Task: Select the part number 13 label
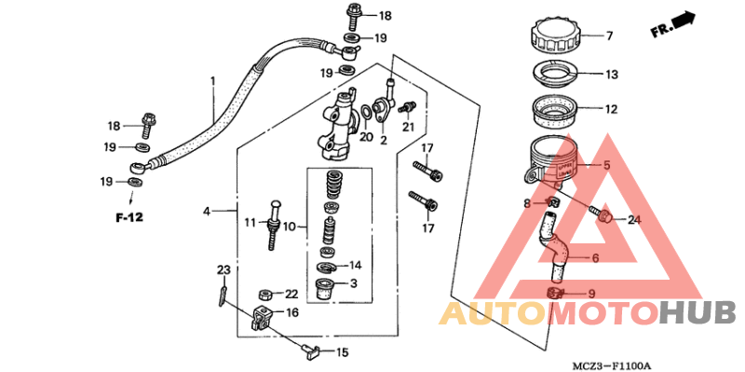tap(612, 75)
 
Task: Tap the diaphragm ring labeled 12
tap(558, 110)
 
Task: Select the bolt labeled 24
tap(603, 218)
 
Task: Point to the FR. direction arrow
tap(674, 24)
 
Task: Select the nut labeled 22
tap(264, 295)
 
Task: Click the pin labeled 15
tap(311, 351)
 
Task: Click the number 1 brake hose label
tap(212, 81)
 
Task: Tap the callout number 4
tap(207, 212)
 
